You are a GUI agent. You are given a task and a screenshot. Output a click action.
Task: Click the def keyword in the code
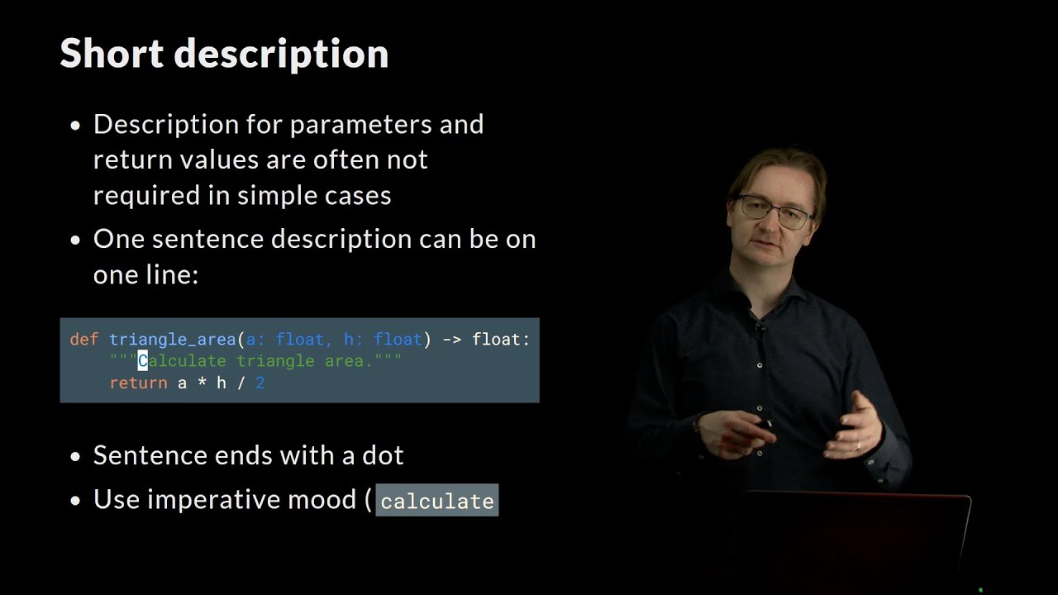tap(83, 339)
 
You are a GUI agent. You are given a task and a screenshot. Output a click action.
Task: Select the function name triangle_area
tap(173, 339)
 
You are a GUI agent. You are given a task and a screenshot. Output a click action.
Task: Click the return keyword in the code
tap(138, 383)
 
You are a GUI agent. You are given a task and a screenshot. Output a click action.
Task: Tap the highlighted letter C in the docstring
tap(142, 361)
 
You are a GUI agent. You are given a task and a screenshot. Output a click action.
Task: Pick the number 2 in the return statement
tap(260, 383)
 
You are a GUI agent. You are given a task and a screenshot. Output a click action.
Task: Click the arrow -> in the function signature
tap(452, 339)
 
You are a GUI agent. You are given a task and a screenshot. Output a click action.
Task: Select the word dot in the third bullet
tap(384, 455)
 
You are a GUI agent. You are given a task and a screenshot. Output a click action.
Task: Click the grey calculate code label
tap(437, 501)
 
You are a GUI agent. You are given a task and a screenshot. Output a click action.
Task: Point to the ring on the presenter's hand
tap(858, 445)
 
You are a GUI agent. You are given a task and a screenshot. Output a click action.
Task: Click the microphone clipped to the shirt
tap(760, 328)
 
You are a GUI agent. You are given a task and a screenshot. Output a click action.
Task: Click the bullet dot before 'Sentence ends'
tap(76, 456)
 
